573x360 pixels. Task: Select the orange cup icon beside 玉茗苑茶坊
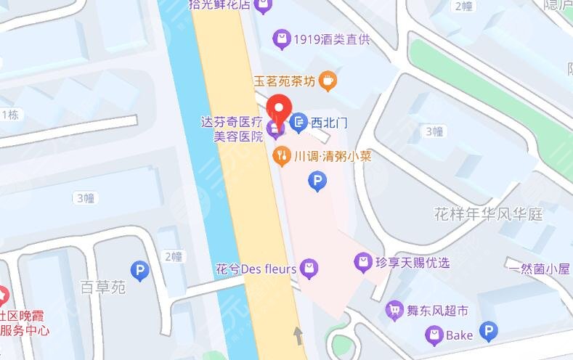point(328,81)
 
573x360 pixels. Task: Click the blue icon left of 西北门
point(298,123)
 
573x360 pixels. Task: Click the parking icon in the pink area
point(317,181)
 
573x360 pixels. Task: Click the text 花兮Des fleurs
point(256,269)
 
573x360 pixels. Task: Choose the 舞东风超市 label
point(437,311)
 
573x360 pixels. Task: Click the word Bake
point(460,335)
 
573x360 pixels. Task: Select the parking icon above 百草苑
point(139,271)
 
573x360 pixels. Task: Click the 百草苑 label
point(103,287)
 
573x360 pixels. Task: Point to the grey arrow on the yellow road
point(297,335)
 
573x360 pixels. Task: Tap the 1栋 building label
point(10,115)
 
